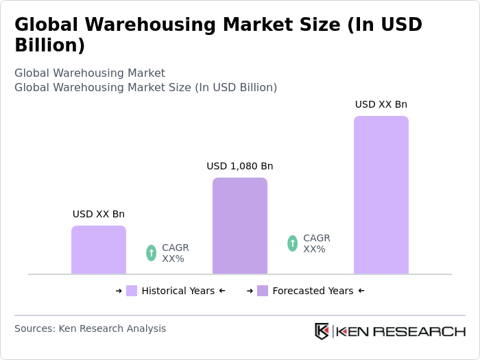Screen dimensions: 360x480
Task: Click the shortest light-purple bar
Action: [99, 250]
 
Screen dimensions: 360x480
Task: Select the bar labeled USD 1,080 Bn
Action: [240, 226]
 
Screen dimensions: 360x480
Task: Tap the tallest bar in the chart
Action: [381, 195]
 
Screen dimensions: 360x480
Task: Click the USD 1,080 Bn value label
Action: [240, 166]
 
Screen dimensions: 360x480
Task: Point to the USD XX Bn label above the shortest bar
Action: [99, 214]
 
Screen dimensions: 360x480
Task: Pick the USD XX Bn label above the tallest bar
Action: [381, 104]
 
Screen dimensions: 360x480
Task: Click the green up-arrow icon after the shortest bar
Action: [152, 253]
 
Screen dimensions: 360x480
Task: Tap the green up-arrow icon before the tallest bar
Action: [293, 243]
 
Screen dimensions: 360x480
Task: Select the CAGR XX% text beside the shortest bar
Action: [176, 253]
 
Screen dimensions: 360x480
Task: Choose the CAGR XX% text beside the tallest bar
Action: [317, 243]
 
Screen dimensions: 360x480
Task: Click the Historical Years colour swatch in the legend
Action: [132, 291]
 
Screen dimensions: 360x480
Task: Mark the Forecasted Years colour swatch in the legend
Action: [263, 291]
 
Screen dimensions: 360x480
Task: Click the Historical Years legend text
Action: [178, 291]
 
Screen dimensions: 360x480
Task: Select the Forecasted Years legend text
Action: [313, 291]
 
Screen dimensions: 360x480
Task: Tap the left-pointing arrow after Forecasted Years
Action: [361, 291]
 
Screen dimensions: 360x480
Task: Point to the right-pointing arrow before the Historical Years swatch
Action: [119, 291]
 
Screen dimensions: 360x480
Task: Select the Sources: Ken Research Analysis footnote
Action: [90, 328]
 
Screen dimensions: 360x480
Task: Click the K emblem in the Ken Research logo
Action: [322, 331]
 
